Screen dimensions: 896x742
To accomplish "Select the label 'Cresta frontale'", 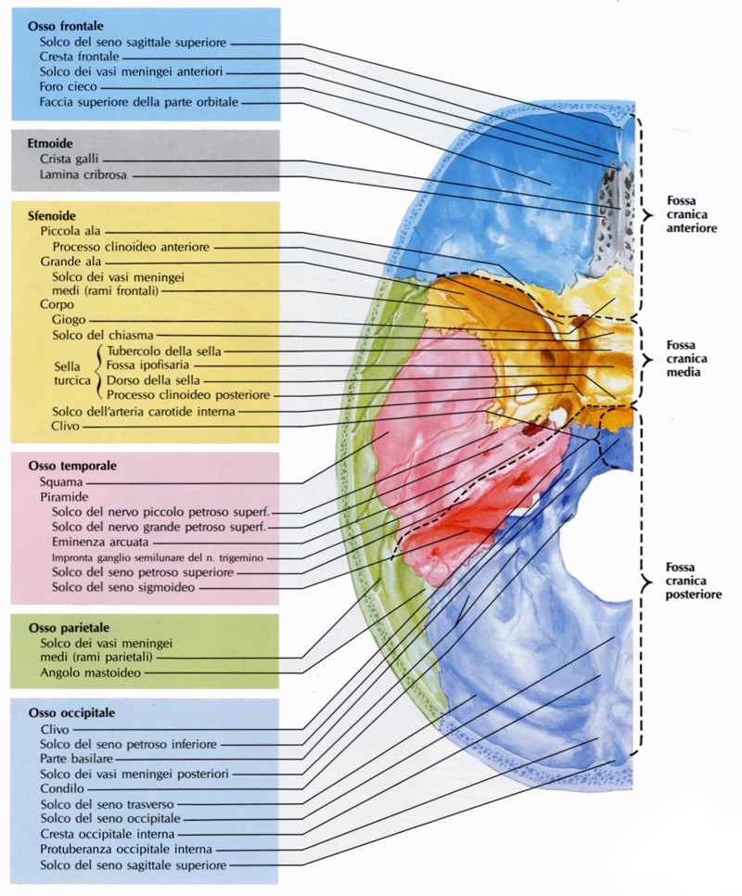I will pyautogui.click(x=80, y=57).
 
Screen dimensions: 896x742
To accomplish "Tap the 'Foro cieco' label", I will pyautogui.click(x=69, y=86).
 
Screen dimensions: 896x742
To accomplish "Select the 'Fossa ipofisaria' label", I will pyautogui.click(x=149, y=366).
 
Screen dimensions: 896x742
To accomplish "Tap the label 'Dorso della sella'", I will pyautogui.click(x=149, y=380).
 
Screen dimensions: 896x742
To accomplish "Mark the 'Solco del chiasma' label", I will pyautogui.click(x=103, y=334).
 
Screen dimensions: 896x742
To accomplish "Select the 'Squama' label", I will pyautogui.click(x=61, y=482).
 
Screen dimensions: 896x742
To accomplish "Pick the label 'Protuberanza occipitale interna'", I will pyautogui.click(x=126, y=849).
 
